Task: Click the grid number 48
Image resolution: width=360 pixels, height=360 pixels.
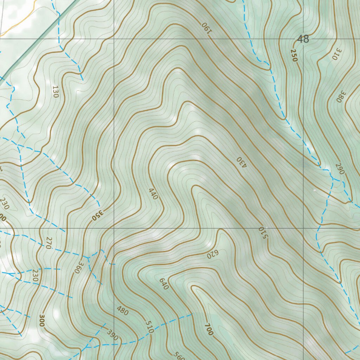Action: click(x=303, y=39)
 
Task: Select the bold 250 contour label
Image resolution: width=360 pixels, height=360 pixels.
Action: click(x=294, y=56)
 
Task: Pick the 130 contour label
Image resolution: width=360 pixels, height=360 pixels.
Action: click(x=55, y=91)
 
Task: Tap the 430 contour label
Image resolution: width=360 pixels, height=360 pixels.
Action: click(x=240, y=162)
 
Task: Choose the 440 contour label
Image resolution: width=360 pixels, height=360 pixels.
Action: click(x=153, y=194)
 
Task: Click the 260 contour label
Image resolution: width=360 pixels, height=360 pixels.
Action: click(x=340, y=169)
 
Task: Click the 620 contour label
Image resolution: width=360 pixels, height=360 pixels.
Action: click(x=213, y=254)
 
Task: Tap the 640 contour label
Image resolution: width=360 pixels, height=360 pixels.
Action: click(x=164, y=284)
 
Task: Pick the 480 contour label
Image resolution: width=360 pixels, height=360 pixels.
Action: click(x=123, y=311)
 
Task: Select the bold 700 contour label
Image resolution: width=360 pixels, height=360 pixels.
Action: click(x=208, y=329)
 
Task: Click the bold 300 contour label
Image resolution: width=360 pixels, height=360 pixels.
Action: click(x=43, y=320)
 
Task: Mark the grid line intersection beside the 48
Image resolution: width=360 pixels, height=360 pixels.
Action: click(x=303, y=39)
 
